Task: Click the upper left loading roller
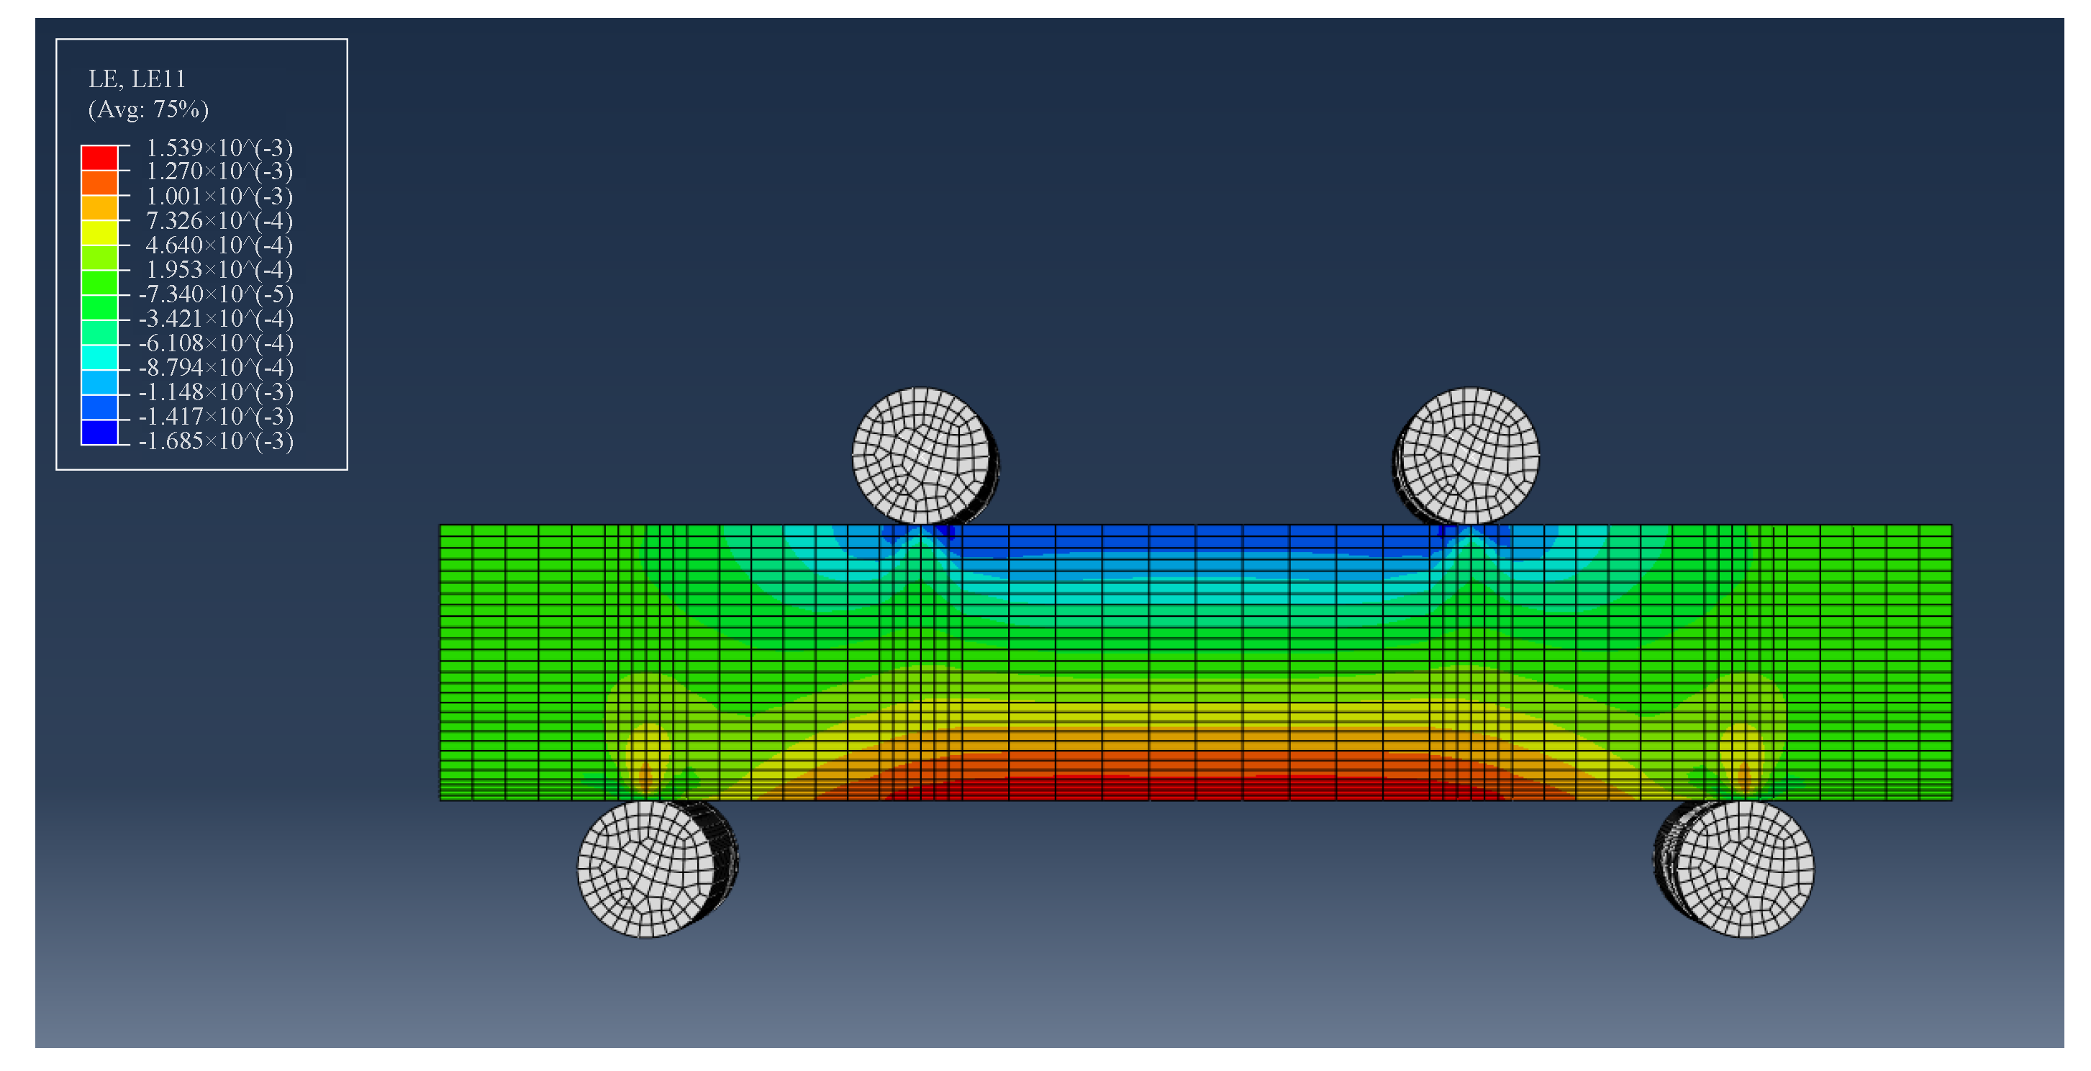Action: click(x=921, y=456)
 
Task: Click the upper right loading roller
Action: click(x=1470, y=456)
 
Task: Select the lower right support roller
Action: click(x=1744, y=869)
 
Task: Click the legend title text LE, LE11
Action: click(x=137, y=78)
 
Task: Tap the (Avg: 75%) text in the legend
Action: click(x=148, y=109)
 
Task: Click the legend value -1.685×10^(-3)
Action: click(x=216, y=441)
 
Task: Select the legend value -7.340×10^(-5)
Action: click(x=216, y=294)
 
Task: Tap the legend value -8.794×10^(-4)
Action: click(x=216, y=367)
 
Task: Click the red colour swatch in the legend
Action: click(x=99, y=158)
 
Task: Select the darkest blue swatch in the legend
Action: click(x=99, y=432)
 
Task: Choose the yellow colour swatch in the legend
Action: click(x=99, y=232)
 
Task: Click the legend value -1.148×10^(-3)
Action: click(x=216, y=392)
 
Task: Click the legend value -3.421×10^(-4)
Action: click(x=216, y=318)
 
